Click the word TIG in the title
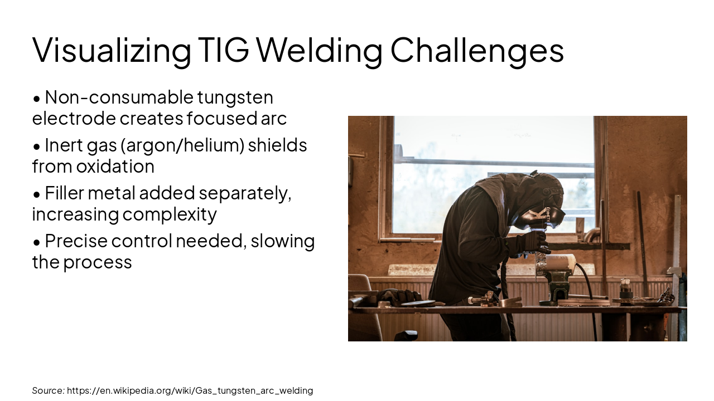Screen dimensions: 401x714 pos(223,50)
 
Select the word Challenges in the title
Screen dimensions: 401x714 pos(477,50)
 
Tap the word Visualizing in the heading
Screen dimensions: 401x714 pos(112,50)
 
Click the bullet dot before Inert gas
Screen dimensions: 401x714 pos(37,146)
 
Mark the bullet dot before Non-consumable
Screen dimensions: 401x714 pos(37,99)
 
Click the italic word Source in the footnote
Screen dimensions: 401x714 pos(48,390)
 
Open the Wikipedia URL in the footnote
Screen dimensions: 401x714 pos(190,390)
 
